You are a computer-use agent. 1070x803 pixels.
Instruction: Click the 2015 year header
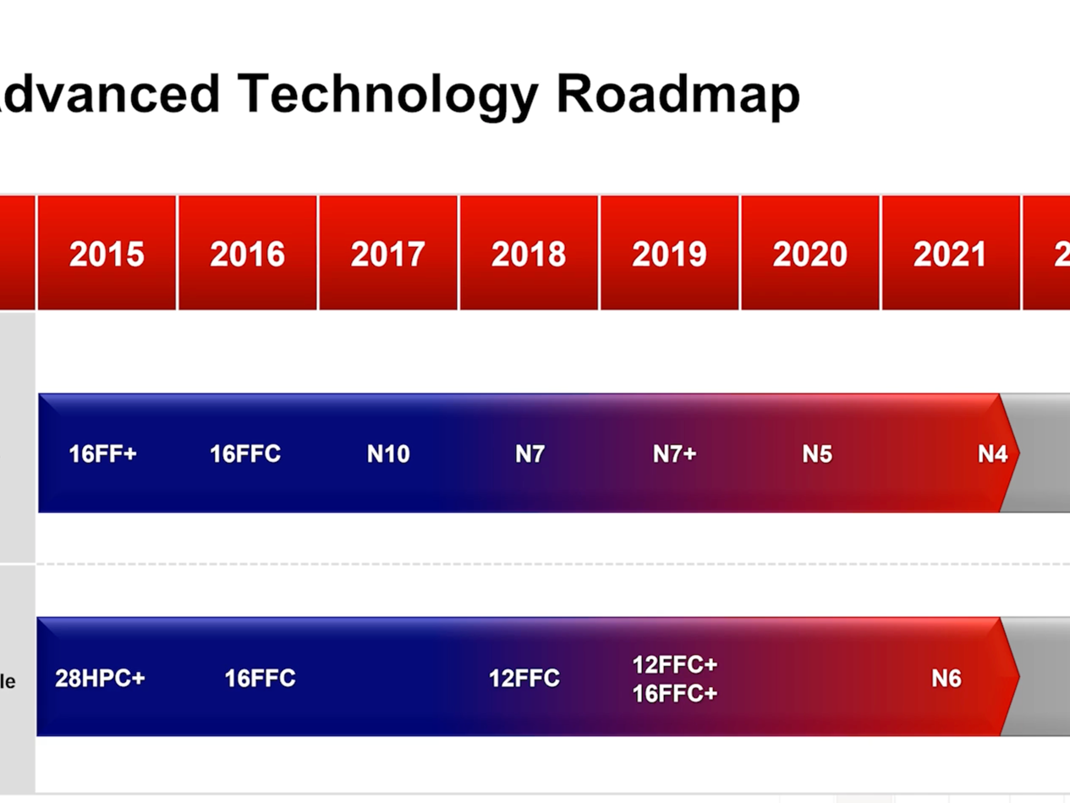[107, 255]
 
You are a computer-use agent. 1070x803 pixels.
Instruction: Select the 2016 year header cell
[247, 255]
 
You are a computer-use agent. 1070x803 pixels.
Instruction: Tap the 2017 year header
[388, 255]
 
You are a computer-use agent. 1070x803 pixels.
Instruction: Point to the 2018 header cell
[529, 255]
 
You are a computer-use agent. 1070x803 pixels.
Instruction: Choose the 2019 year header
[669, 255]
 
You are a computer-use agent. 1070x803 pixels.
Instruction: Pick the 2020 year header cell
[809, 255]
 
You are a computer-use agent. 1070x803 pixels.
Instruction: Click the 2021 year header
[950, 255]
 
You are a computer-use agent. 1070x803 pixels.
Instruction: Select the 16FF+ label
[102, 454]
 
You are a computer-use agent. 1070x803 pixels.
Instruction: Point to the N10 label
[388, 454]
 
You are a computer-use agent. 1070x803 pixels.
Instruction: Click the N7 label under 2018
[530, 454]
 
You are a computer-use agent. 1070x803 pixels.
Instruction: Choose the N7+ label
[674, 454]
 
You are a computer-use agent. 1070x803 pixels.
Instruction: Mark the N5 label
[817, 454]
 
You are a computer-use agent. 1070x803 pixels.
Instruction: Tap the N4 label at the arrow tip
[992, 454]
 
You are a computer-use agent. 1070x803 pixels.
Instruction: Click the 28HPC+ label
[100, 679]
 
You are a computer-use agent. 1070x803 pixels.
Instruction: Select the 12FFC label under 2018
[524, 679]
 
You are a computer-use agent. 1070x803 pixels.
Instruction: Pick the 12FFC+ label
[674, 664]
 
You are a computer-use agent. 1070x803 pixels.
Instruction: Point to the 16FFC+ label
[674, 694]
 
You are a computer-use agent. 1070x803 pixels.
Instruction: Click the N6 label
[947, 679]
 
